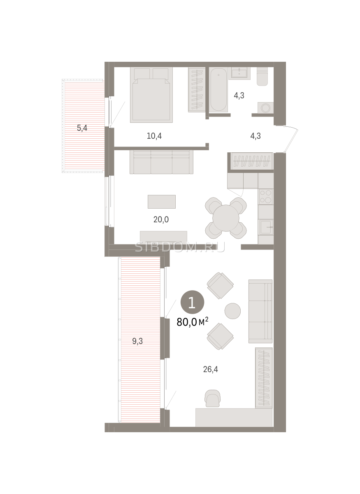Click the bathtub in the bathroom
coord(218,90)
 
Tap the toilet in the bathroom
coord(262,76)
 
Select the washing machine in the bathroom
coord(265,108)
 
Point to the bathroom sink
coord(239,73)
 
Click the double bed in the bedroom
coord(151,95)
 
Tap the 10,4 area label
coord(154,136)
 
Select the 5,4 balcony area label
coord(82,128)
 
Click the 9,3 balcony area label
coord(137,341)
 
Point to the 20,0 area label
coord(161,219)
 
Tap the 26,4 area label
coord(211,369)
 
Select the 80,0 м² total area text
coord(193,322)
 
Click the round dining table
coord(226,218)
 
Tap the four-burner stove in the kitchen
coord(266,197)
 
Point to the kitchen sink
coord(266,227)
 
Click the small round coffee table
coord(232,311)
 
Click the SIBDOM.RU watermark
coord(180,247)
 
